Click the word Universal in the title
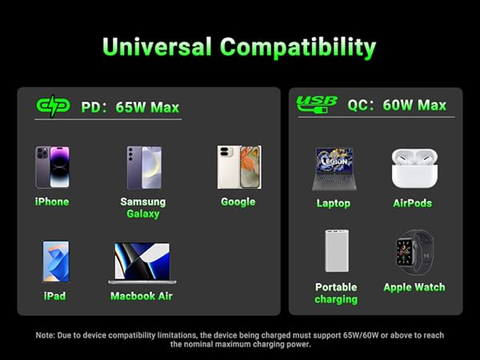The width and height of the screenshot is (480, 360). coord(157,47)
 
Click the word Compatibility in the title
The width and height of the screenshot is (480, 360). coord(298,48)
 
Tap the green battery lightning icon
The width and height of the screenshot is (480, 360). coord(53,106)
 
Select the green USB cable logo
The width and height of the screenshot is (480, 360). coord(317,104)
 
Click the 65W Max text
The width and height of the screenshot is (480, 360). coord(147,107)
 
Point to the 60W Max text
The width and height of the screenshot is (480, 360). coord(414,106)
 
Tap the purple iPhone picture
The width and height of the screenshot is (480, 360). coord(52,167)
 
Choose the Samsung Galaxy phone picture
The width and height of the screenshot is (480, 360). coord(144,168)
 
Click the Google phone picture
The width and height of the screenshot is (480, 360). coord(239,167)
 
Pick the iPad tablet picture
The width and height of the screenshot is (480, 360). coord(56,261)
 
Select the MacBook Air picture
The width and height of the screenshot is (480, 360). coord(142,263)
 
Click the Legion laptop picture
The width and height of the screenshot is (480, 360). coord(334,169)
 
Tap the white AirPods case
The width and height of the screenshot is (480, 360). coord(414,168)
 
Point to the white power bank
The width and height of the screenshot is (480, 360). coord(337,250)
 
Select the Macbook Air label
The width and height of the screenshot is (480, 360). coord(142,296)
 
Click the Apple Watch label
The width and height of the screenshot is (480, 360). coord(414,287)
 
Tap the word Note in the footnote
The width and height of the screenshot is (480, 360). coord(45,335)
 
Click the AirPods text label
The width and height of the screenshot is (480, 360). coord(413,203)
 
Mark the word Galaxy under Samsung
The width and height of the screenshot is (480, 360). coord(143,214)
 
